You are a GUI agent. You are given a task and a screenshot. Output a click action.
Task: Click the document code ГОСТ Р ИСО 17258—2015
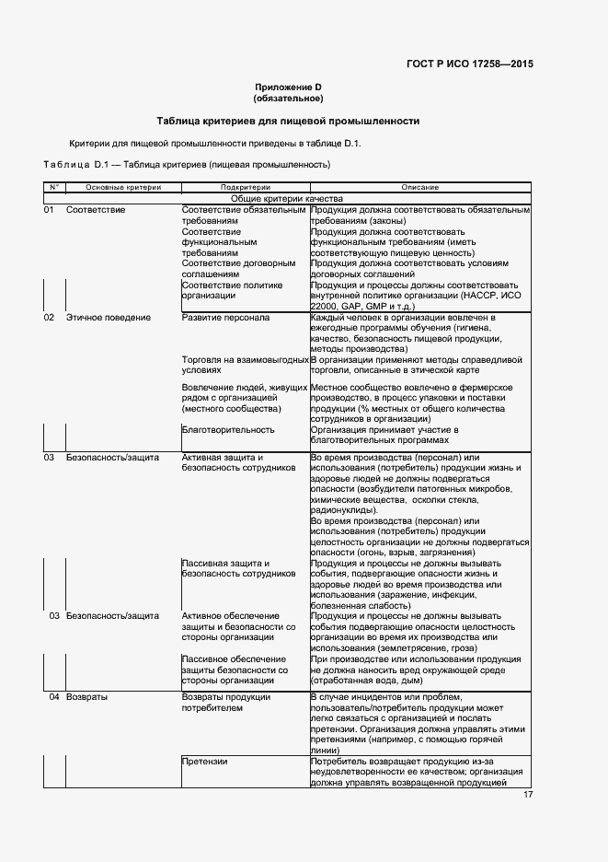(469, 64)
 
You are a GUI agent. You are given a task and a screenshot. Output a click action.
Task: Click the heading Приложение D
(288, 87)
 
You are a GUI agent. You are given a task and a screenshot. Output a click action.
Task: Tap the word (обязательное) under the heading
(288, 98)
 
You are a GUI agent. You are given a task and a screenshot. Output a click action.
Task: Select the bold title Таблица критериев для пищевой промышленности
(288, 121)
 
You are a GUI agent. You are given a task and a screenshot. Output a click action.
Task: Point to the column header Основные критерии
(123, 187)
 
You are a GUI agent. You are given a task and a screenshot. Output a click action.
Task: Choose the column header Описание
(419, 187)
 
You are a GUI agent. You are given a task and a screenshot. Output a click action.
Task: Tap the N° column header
(53, 187)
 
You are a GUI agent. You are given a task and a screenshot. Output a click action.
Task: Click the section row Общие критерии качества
(287, 198)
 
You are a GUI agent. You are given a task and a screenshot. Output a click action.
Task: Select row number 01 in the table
(50, 210)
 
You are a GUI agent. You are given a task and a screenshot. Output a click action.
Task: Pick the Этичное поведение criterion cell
(109, 318)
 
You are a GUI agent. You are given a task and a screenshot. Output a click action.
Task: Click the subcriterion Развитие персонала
(225, 318)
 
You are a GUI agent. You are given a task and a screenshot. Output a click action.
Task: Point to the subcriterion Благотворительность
(228, 429)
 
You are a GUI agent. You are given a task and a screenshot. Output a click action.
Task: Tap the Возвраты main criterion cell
(87, 697)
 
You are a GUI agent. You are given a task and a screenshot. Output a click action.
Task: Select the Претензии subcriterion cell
(204, 762)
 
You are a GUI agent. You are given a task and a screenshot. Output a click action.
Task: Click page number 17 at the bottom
(528, 795)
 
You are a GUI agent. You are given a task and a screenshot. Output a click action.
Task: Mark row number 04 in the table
(54, 697)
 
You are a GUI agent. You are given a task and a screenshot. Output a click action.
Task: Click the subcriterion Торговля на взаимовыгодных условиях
(244, 365)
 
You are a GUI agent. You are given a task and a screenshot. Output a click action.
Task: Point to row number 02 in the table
(50, 318)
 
